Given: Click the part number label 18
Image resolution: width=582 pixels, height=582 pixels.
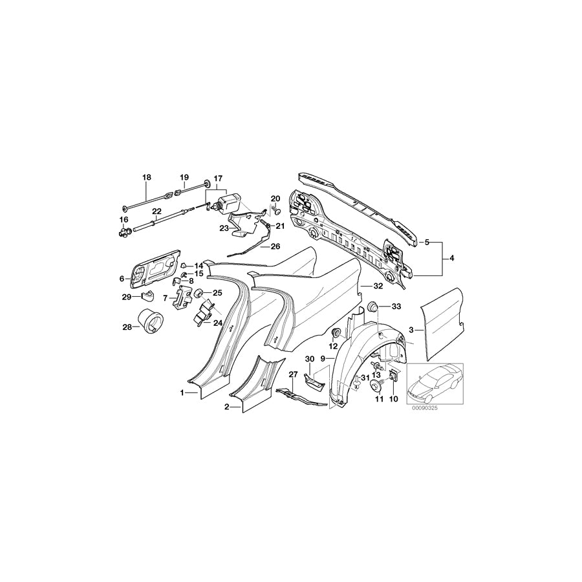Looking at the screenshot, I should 146,177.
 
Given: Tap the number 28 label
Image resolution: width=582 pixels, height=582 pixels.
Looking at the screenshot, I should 127,327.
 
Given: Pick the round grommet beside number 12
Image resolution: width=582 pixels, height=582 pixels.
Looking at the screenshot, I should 336,332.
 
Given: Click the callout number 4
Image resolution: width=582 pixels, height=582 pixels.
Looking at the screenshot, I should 452,259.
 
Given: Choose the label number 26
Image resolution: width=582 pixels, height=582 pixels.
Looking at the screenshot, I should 275,246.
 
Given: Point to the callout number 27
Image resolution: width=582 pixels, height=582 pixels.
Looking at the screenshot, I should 293,374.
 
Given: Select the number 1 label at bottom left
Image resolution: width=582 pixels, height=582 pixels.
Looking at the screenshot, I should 183,393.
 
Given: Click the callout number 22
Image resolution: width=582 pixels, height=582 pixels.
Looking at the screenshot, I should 156,211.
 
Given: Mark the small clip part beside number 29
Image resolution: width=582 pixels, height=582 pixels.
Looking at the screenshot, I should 147,296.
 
